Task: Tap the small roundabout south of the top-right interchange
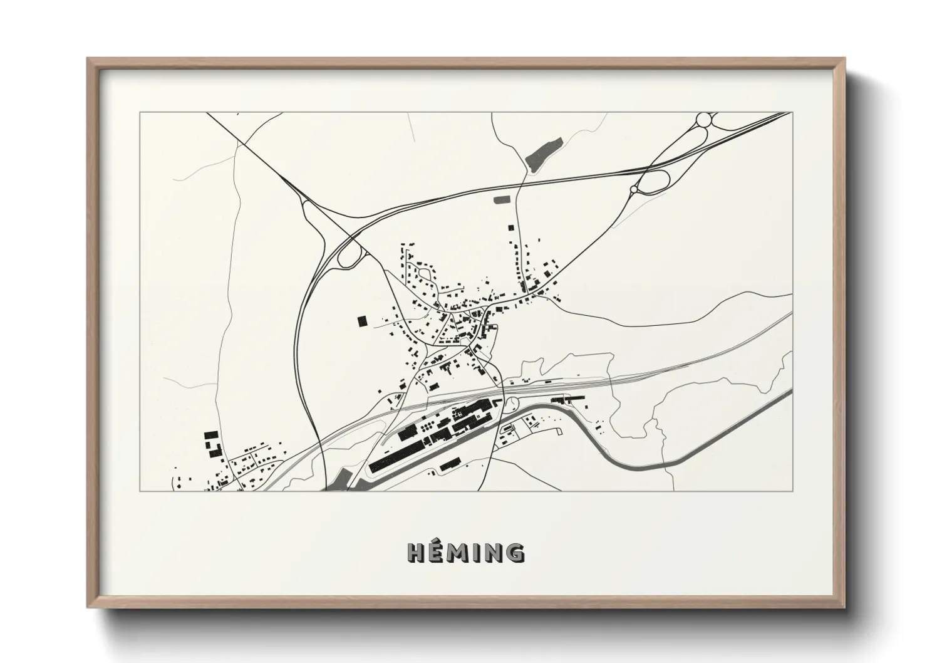point(634,188)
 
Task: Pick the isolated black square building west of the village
point(361,321)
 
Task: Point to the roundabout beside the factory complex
point(512,405)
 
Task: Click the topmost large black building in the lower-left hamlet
point(210,434)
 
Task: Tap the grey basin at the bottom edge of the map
point(339,479)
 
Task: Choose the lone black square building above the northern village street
point(510,228)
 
